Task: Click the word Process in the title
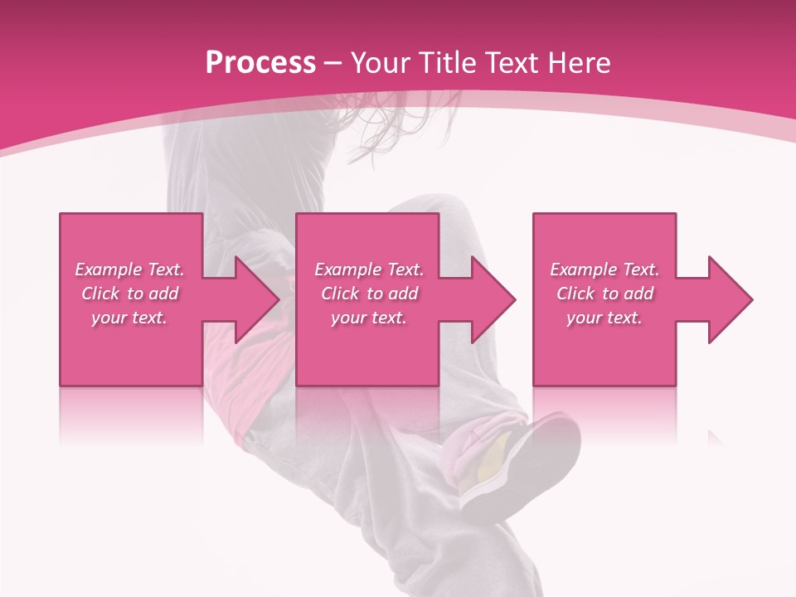click(x=260, y=63)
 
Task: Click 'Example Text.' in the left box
click(x=129, y=269)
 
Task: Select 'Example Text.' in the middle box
click(x=369, y=269)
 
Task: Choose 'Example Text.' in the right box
click(x=604, y=269)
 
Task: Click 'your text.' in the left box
click(x=129, y=318)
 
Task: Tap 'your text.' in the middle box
click(x=369, y=318)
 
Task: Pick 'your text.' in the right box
click(x=604, y=318)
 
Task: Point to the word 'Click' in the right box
click(x=575, y=294)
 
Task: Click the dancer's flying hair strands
click(x=398, y=133)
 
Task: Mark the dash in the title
click(x=333, y=64)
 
